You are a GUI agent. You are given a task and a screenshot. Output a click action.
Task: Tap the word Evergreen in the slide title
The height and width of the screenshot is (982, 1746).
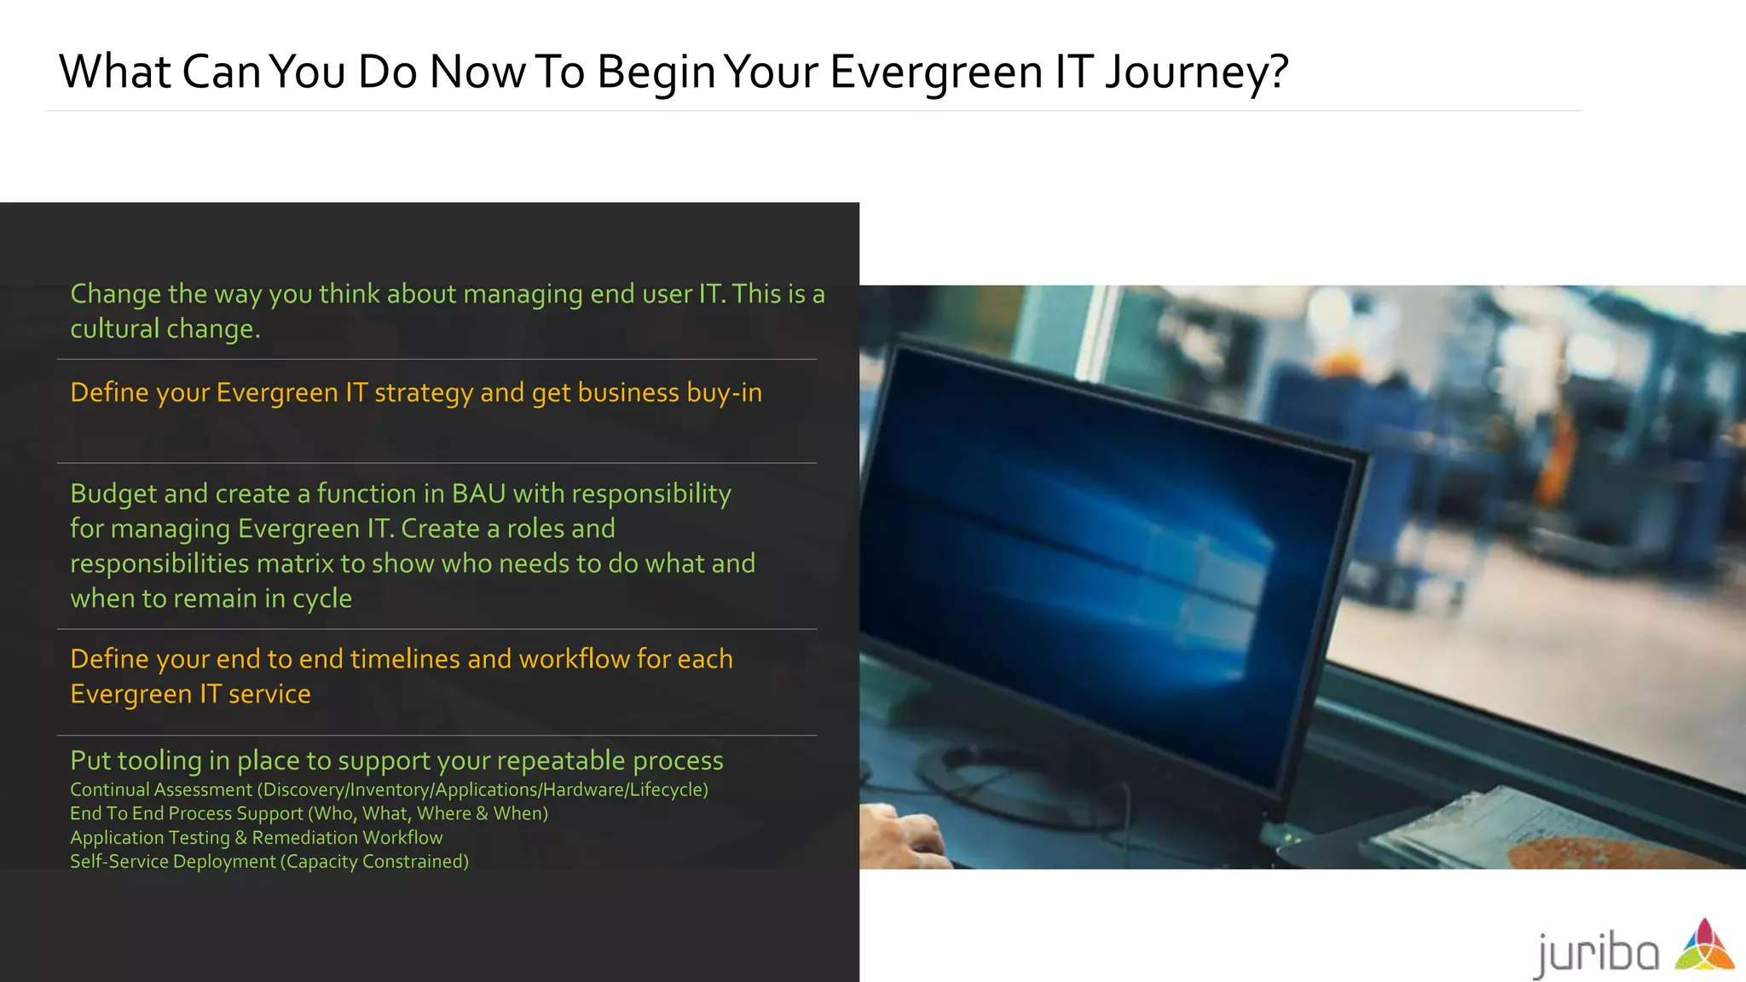[935, 72]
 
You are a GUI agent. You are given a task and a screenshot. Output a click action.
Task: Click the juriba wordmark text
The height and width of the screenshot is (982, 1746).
[1597, 953]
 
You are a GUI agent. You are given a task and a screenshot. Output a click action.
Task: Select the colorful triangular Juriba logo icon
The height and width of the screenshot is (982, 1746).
[1704, 945]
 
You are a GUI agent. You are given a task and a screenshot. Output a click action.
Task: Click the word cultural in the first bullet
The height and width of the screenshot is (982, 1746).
[114, 329]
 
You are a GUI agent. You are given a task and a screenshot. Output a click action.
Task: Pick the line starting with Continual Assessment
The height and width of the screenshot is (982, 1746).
[389, 790]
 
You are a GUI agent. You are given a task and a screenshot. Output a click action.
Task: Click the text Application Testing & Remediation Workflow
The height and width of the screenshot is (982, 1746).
[256, 838]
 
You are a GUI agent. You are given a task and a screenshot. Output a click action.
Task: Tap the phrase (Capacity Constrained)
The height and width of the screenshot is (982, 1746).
[374, 862]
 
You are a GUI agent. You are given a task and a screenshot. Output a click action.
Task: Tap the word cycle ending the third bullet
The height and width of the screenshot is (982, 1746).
[321, 599]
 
